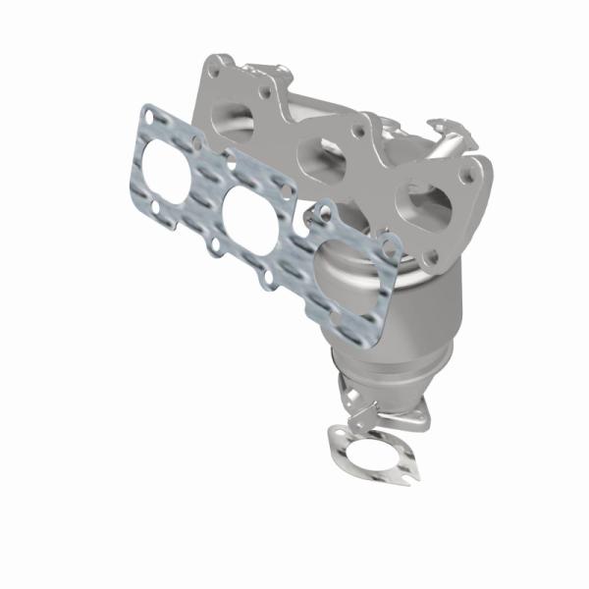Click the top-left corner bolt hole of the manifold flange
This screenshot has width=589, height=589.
(x=215, y=68)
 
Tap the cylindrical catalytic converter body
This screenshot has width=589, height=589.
(x=373, y=304)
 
